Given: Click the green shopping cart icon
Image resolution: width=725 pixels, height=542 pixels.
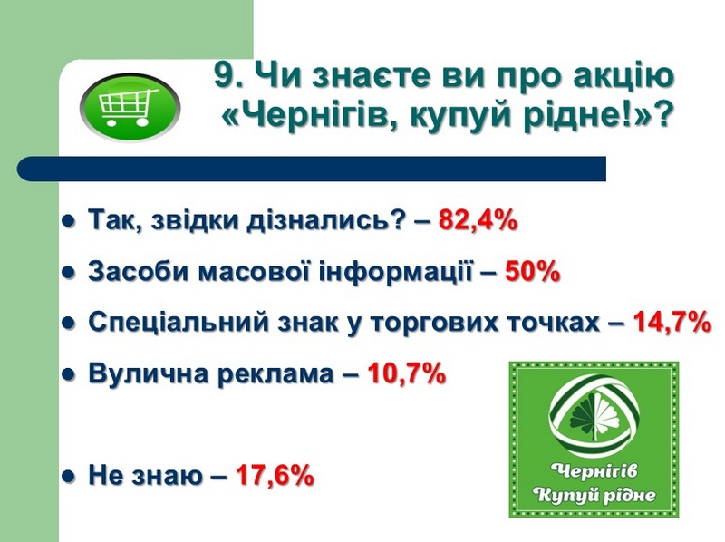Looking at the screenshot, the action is coord(130,108).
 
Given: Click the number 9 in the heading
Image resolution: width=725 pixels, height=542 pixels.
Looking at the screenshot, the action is coord(223,75).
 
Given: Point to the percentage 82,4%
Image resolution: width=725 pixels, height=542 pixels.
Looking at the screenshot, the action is coord(478,219).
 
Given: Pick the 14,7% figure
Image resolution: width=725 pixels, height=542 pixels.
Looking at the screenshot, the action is coord(672,322).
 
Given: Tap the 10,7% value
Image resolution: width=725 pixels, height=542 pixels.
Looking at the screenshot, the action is coord(406,373).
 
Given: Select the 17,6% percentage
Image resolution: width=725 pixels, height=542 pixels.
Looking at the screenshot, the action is coord(275,475).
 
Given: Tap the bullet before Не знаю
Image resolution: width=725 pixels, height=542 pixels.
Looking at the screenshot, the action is coord(69,476).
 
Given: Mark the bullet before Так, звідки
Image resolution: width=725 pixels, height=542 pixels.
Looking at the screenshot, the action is coord(69,221).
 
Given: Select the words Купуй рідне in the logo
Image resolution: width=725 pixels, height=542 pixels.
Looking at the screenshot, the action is coord(594,495).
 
